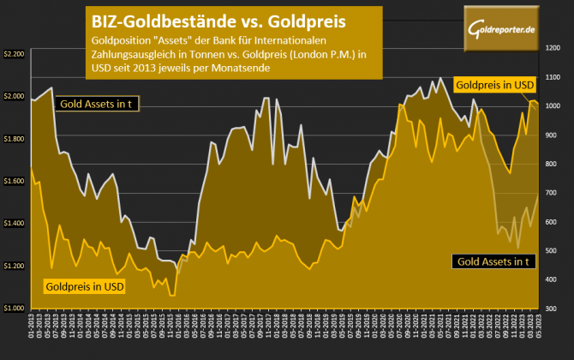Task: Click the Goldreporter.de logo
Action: (x=503, y=31)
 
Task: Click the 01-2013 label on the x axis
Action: (x=32, y=327)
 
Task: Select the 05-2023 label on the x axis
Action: (x=538, y=327)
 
